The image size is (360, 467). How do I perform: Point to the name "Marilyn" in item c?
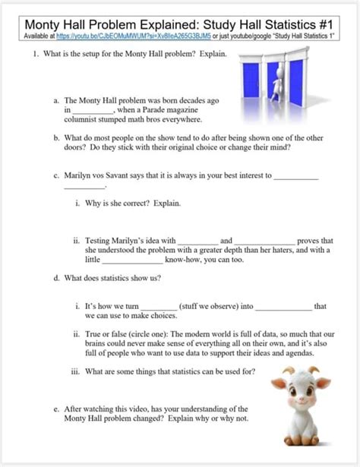(81, 175)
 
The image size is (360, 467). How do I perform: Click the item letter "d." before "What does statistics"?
(56, 278)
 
